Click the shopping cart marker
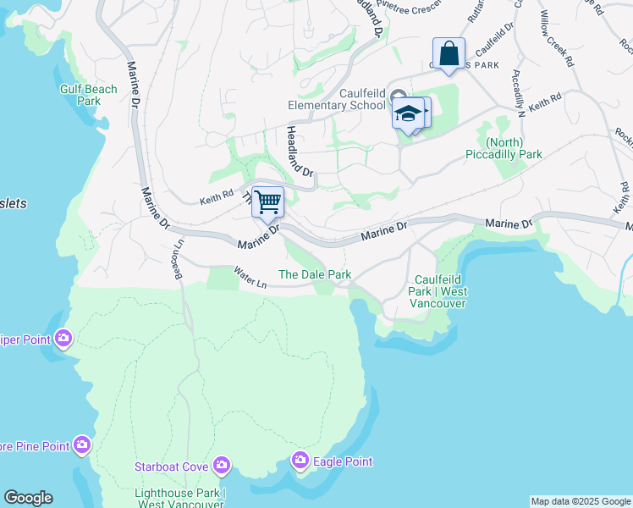point(267,202)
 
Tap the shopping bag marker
point(449,53)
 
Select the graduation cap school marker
point(408,113)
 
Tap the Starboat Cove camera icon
point(222,465)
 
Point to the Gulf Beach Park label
point(88,95)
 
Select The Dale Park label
point(315,274)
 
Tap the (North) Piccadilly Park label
point(504,148)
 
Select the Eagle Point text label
point(343,461)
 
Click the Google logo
point(28,498)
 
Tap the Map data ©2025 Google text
point(580,501)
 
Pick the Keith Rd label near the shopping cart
point(216,199)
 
